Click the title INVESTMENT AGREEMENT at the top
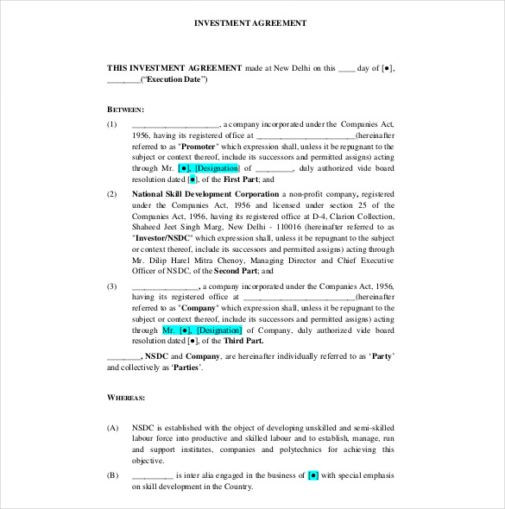(x=252, y=22)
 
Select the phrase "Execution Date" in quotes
(x=175, y=79)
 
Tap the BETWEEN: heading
(x=125, y=110)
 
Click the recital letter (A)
(x=112, y=426)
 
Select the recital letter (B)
(x=112, y=475)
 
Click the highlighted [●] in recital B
(x=313, y=475)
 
